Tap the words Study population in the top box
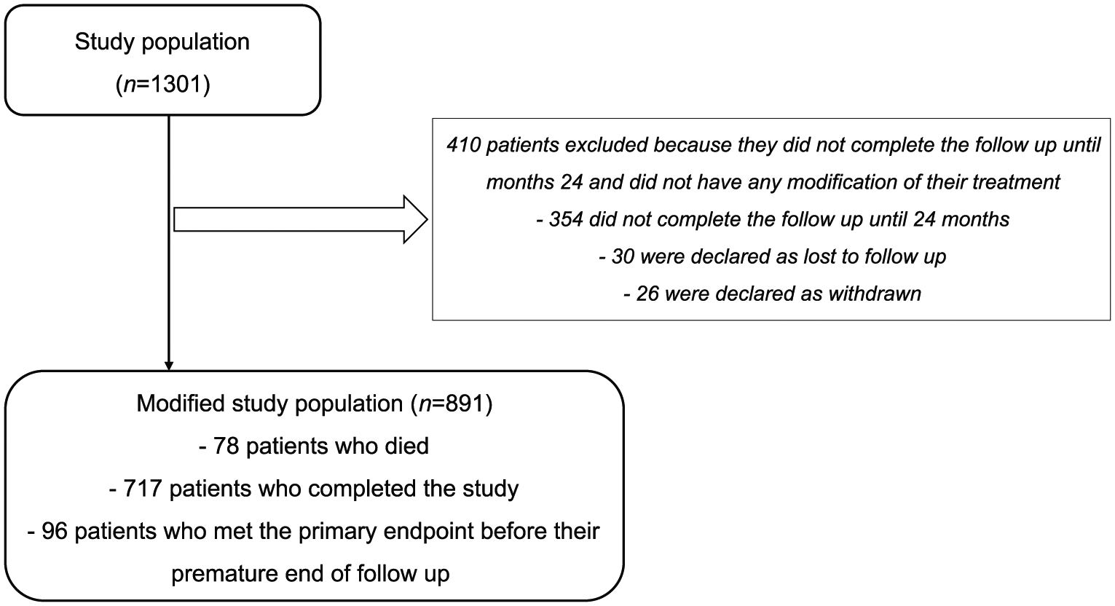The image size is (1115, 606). point(162,42)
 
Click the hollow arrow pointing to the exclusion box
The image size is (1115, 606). point(301,219)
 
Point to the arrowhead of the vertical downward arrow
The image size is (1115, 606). point(169,366)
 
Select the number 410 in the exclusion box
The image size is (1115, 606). point(463,145)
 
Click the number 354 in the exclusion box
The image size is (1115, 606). point(566,219)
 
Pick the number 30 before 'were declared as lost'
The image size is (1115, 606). point(623,256)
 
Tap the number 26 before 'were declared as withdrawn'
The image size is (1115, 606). point(647,294)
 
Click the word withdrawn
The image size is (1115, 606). point(875,294)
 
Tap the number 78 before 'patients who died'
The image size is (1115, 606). point(226,446)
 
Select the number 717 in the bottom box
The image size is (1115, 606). point(142,489)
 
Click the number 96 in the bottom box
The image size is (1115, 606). point(55,531)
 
